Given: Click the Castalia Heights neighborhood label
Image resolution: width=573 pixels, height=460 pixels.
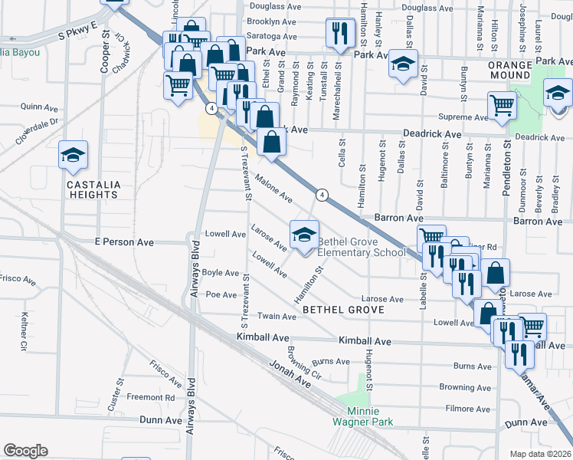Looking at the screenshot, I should pos(91,189).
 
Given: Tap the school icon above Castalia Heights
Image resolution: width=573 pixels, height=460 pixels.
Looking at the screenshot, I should pos(73,156).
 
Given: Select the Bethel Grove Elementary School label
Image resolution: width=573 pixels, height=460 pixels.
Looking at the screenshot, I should pos(361,247).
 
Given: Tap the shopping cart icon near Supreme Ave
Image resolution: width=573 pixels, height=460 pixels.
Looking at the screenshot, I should pos(502,105).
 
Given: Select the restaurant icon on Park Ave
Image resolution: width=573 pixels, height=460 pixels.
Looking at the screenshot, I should pos(337,33).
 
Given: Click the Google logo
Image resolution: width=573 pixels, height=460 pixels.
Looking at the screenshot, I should pos(25,451).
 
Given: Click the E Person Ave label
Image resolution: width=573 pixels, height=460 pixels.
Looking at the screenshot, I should pos(124,242).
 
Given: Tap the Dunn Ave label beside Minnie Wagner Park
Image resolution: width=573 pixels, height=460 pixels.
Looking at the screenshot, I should pos(161,419).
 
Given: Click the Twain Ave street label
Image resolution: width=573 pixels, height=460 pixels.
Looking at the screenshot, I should pos(277,317).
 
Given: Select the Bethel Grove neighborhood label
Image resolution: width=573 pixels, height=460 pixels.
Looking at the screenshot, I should pos(338,310).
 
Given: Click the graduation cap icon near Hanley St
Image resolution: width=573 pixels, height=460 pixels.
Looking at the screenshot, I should pos(402,64).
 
